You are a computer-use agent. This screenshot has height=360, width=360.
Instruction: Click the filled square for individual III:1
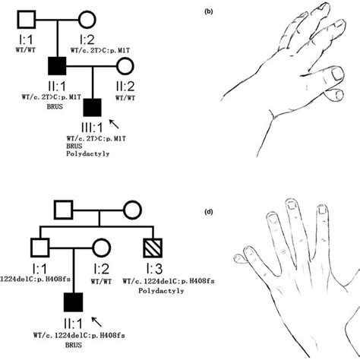point(91,109)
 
